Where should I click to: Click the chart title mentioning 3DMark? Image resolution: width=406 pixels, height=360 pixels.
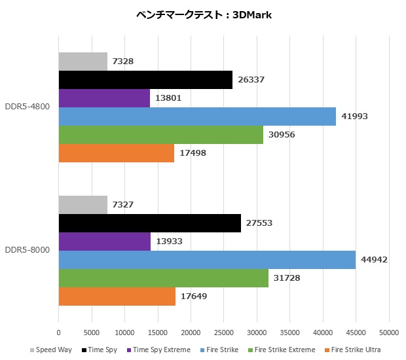[x=203, y=15]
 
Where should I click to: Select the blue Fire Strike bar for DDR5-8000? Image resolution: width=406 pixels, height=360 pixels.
[x=207, y=260]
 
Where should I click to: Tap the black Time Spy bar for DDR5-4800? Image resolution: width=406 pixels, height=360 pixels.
[x=145, y=80]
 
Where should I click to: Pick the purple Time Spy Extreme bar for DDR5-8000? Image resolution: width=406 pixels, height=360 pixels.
[x=105, y=242]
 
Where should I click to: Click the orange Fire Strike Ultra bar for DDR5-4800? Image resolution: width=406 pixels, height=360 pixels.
[x=117, y=153]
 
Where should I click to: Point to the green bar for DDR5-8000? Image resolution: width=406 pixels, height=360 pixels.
[x=164, y=278]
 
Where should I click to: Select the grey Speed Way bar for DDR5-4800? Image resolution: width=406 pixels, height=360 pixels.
[x=83, y=62]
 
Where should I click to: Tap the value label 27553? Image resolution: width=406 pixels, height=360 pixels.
[x=259, y=223]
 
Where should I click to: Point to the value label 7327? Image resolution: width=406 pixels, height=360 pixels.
[x=123, y=205]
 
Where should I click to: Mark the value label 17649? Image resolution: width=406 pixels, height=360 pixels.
[x=194, y=297]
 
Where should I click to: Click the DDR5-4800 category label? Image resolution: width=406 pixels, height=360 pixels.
[x=28, y=107]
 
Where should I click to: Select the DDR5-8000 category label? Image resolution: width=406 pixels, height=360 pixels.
[x=28, y=251]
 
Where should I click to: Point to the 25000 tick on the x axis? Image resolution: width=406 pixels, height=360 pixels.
[x=224, y=332]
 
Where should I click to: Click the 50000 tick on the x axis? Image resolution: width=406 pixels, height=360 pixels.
[x=389, y=332]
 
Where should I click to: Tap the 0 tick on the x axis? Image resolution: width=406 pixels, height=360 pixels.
[x=59, y=332]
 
